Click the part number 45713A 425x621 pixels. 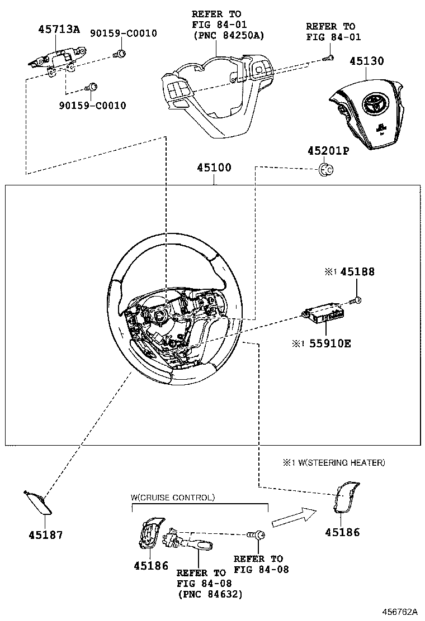[x=59, y=30]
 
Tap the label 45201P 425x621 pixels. [x=327, y=151]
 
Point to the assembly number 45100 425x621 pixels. [x=214, y=168]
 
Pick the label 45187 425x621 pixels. [x=46, y=534]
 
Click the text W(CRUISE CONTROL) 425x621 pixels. [x=172, y=497]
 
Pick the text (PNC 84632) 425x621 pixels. [x=210, y=594]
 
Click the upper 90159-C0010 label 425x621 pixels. [x=124, y=34]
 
